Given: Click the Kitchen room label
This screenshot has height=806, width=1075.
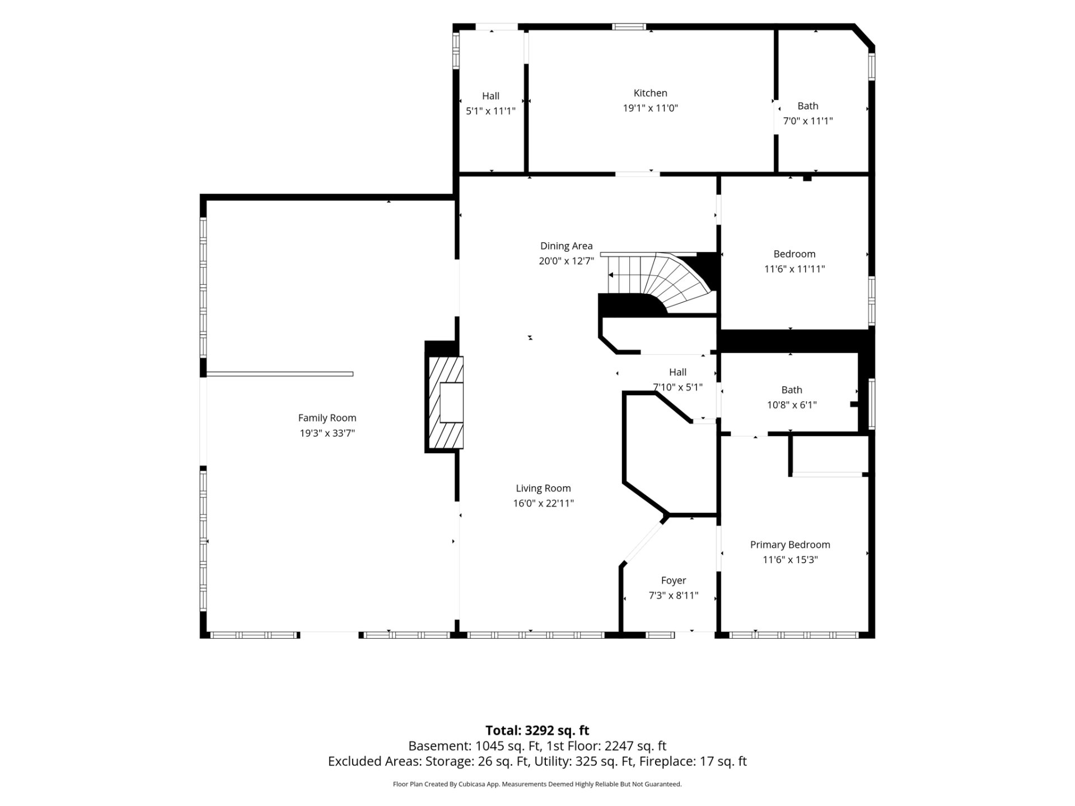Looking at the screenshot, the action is [650, 93].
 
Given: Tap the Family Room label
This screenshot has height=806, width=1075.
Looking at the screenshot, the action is [327, 418].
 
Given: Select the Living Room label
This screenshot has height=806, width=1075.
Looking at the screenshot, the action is [543, 488].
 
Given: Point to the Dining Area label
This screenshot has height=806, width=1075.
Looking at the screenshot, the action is [566, 246].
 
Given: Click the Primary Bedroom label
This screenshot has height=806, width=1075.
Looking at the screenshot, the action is [790, 545].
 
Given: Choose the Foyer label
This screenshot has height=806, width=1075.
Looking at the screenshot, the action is [673, 580].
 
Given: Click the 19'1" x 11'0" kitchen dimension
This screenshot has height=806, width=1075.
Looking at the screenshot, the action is [650, 108].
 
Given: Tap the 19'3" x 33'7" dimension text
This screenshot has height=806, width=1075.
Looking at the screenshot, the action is [327, 433].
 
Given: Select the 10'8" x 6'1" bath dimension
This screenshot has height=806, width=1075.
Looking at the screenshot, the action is [792, 405].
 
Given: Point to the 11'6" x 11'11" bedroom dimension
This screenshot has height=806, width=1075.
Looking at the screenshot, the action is [794, 269].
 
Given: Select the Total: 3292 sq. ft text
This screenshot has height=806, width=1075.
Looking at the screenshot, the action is [537, 730].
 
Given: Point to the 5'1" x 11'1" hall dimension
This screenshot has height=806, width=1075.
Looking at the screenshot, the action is [490, 111].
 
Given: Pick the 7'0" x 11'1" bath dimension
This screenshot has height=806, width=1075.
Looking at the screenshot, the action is [807, 121].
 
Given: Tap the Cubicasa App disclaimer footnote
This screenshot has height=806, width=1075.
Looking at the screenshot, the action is [537, 784].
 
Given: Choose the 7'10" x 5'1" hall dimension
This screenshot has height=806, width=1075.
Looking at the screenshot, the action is [677, 387].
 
